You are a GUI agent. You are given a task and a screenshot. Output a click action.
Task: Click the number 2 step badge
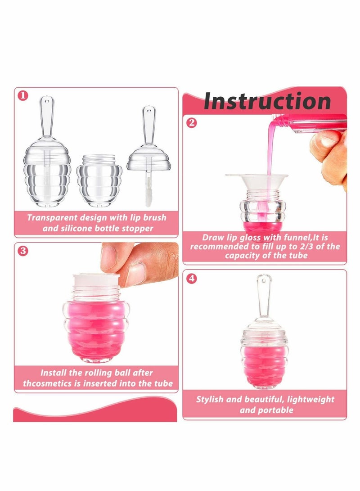tap(192, 122)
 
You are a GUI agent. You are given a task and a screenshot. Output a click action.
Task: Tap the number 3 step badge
tap(22, 251)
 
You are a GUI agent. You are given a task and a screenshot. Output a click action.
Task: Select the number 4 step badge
tap(192, 279)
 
